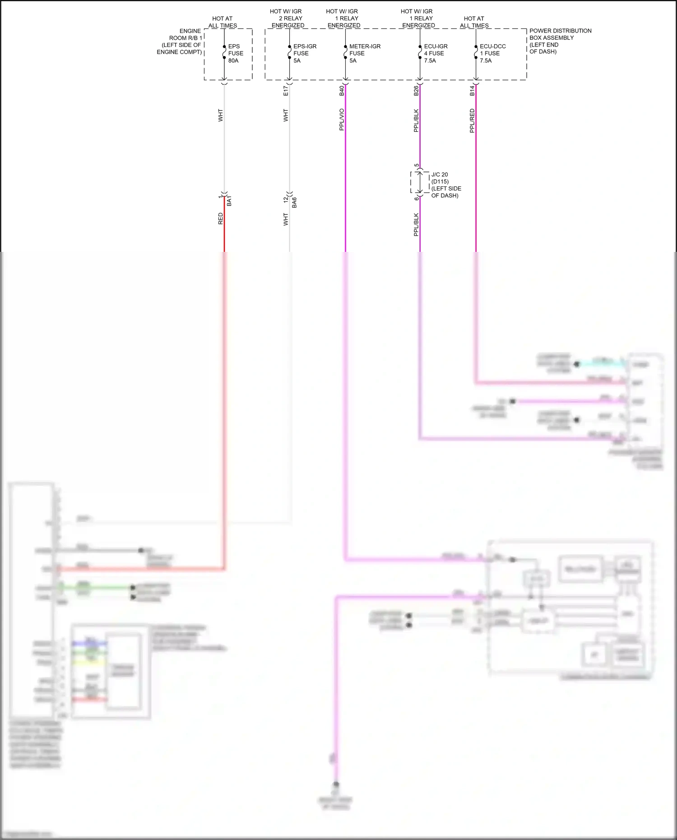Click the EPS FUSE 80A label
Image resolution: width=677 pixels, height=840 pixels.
(x=235, y=53)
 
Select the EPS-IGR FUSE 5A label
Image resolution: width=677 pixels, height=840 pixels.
(x=305, y=53)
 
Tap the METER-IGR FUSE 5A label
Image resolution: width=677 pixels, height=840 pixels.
(x=365, y=53)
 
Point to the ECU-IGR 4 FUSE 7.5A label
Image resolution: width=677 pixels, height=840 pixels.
(x=436, y=53)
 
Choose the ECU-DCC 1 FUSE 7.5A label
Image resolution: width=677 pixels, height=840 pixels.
(x=492, y=53)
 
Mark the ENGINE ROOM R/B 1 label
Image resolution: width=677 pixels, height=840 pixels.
(x=180, y=42)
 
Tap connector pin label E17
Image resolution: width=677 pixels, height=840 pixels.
(x=286, y=91)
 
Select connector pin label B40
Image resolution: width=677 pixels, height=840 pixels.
(x=342, y=91)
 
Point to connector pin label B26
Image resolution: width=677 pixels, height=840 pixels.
(x=416, y=91)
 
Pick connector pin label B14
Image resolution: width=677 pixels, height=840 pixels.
(x=472, y=91)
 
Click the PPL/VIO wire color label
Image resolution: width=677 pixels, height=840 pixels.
(x=342, y=120)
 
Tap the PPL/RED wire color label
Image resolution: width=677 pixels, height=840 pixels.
(x=472, y=121)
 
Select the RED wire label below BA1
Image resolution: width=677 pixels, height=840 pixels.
(x=221, y=219)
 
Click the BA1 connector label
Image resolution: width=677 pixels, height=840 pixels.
(x=229, y=201)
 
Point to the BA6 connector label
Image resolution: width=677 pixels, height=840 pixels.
(x=294, y=202)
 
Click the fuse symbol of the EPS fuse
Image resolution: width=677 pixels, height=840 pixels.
(x=224, y=52)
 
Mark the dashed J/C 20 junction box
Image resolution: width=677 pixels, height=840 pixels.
(x=420, y=182)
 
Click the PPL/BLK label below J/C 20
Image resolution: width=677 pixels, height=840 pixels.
(x=416, y=225)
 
